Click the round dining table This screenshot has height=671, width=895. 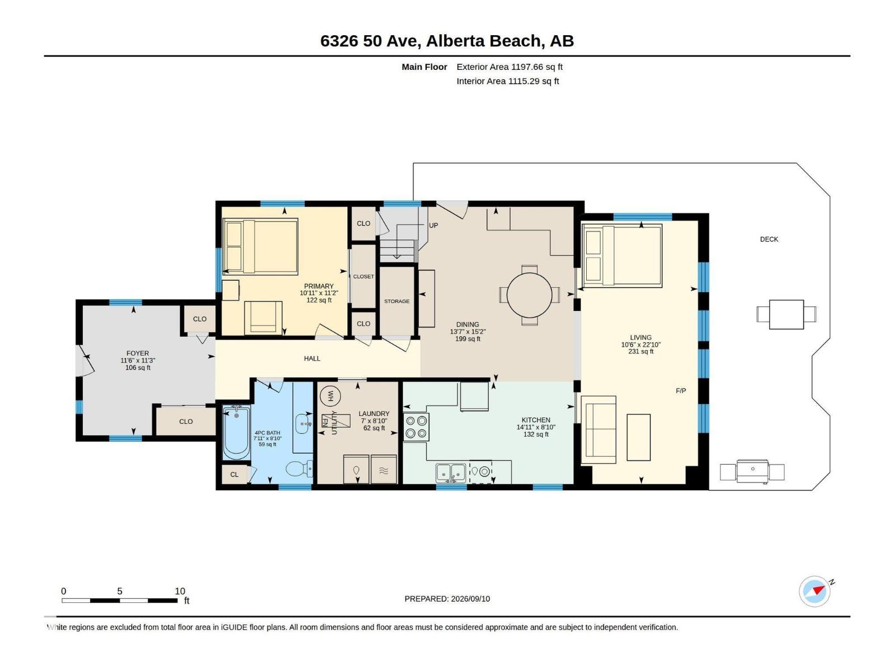pos(529,295)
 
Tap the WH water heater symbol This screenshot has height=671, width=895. pos(330,395)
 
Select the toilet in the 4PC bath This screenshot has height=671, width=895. pos(299,469)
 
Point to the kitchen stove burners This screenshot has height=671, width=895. pos(416,427)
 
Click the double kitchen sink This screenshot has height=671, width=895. pos(450,472)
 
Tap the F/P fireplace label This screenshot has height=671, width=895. pos(681,391)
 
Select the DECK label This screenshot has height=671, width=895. pos(769,239)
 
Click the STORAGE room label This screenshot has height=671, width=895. pos(397,301)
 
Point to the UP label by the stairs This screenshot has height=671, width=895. pos(433,225)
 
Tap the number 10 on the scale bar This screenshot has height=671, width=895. pos(180,590)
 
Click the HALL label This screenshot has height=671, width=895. pos(312,358)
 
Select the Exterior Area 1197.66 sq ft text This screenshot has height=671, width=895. pos(509,67)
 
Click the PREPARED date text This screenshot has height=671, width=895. pos(447,598)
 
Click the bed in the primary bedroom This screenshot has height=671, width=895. pos(261,246)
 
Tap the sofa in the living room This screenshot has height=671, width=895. pos(599,429)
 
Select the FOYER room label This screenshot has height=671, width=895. pos(138,353)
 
